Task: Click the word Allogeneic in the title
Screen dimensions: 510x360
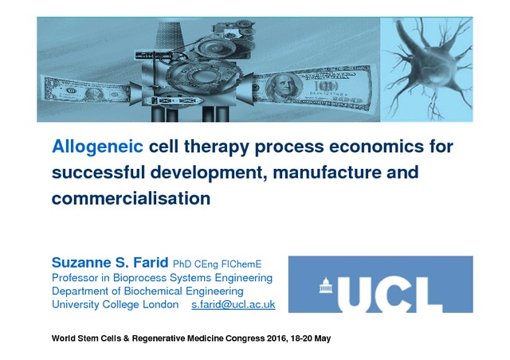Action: tap(97, 147)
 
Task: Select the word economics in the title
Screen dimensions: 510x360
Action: tap(377, 147)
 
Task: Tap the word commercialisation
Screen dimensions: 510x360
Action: tap(131, 198)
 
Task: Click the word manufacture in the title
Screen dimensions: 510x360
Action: tap(327, 172)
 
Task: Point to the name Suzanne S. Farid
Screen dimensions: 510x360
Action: tap(110, 263)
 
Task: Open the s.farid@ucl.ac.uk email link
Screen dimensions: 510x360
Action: tap(233, 305)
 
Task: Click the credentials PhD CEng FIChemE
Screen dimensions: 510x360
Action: tap(217, 264)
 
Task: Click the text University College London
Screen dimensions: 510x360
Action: tap(115, 305)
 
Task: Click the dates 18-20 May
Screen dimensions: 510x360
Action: tap(311, 338)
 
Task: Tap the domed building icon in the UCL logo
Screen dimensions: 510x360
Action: tap(326, 285)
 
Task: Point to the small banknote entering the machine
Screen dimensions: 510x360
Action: tap(87, 92)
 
